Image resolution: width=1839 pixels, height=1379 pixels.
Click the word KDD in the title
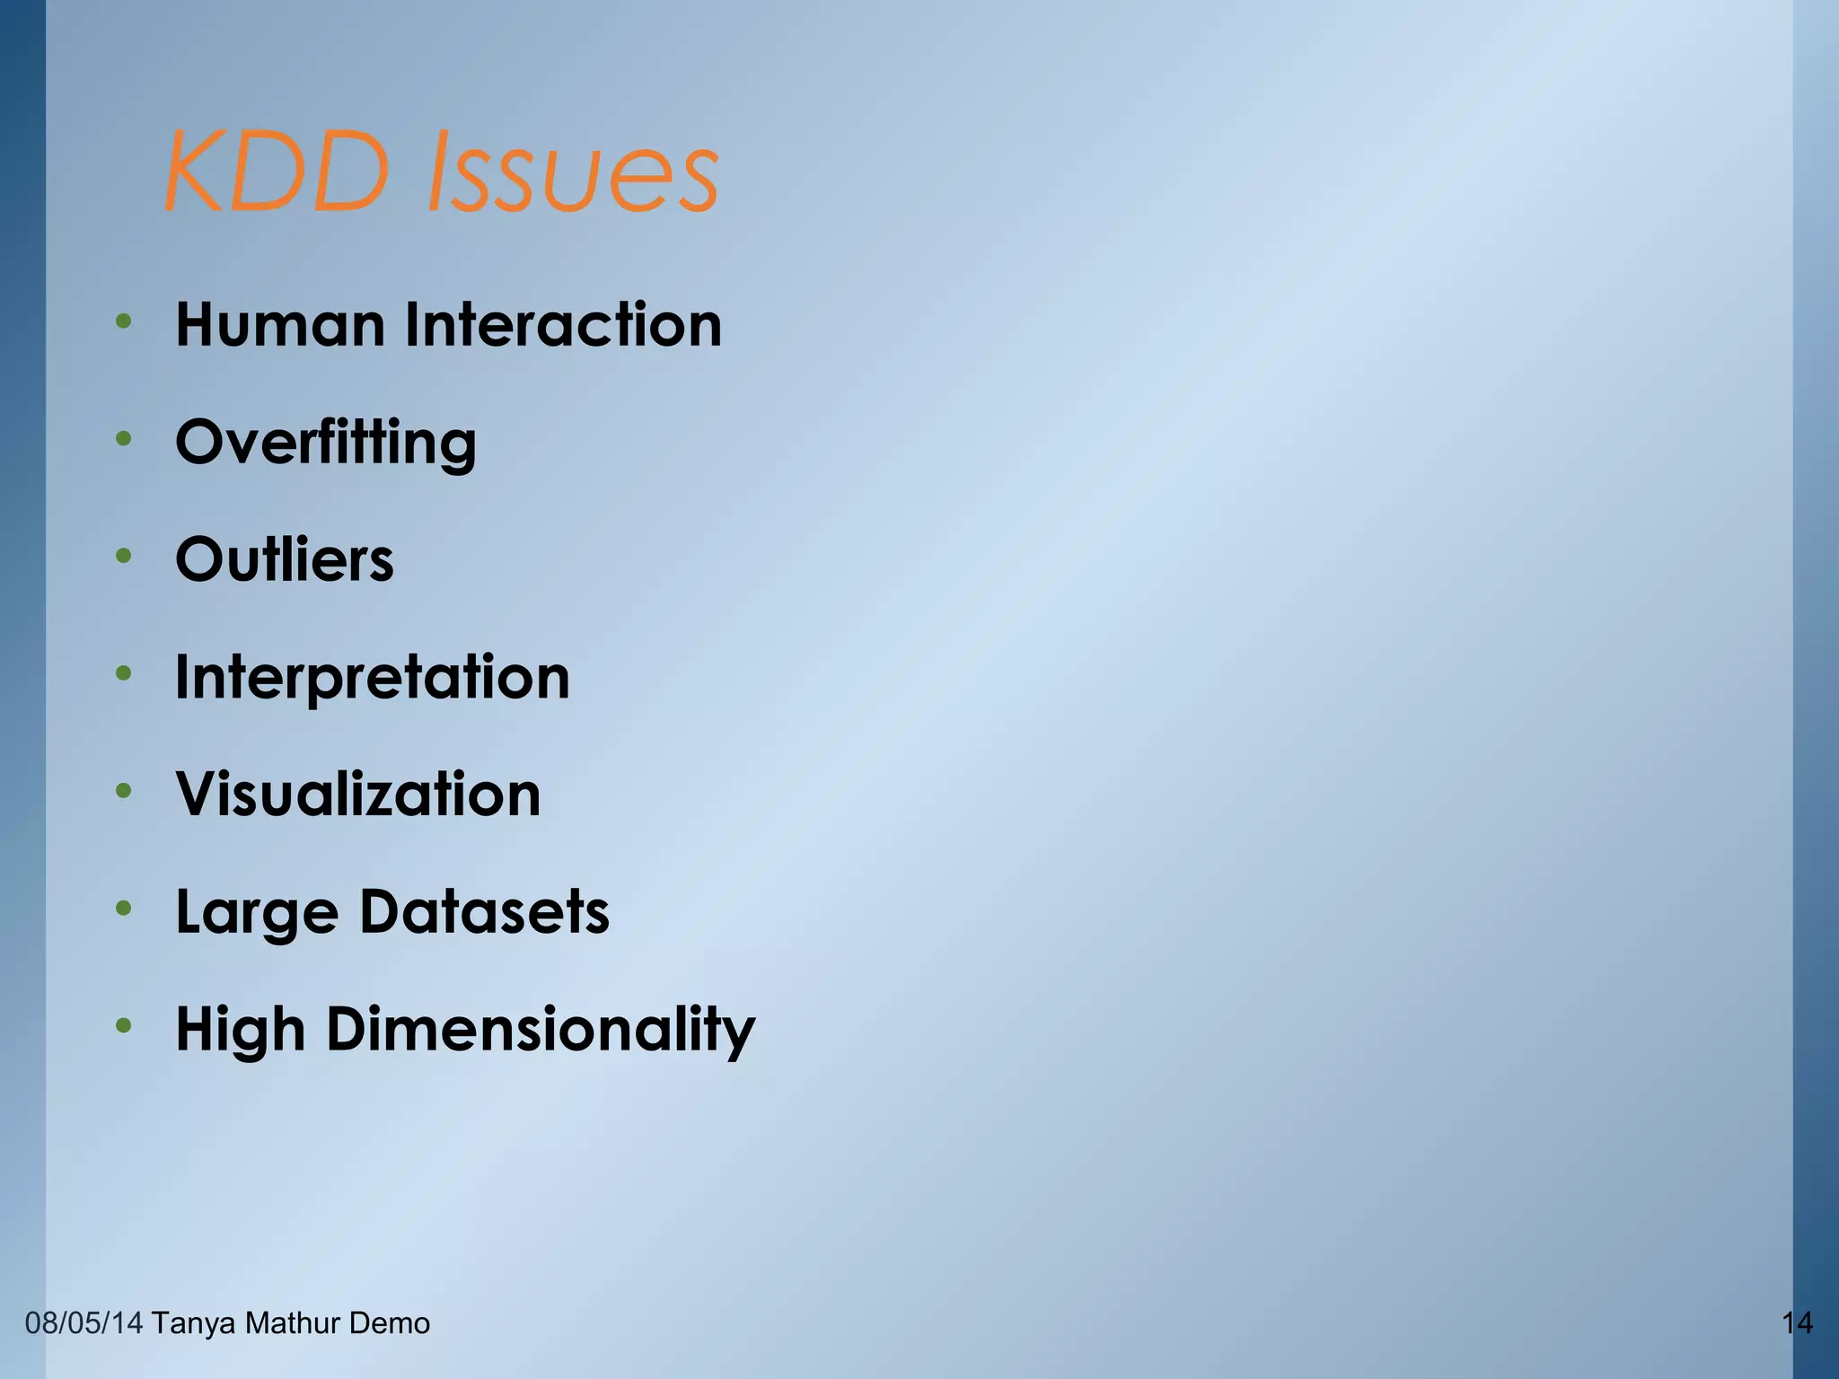(277, 171)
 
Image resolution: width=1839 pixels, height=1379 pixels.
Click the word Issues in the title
(572, 171)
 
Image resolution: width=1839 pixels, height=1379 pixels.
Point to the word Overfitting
(325, 443)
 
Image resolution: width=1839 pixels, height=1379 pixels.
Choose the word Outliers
(285, 559)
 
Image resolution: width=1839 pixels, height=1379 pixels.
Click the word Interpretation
(373, 677)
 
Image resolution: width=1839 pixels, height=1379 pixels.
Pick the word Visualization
(358, 795)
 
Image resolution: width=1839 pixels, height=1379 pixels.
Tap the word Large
(258, 912)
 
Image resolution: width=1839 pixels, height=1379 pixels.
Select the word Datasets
(485, 912)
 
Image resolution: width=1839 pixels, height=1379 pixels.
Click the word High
(240, 1030)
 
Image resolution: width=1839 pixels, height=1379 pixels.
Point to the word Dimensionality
(541, 1030)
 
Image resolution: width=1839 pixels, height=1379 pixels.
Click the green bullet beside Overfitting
(124, 439)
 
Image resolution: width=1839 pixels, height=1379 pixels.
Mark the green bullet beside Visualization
(124, 791)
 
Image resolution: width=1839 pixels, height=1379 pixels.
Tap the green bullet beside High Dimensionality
(124, 1025)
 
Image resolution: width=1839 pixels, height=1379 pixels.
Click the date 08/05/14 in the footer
(84, 1323)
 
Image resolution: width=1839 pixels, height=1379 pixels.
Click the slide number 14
(1797, 1323)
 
